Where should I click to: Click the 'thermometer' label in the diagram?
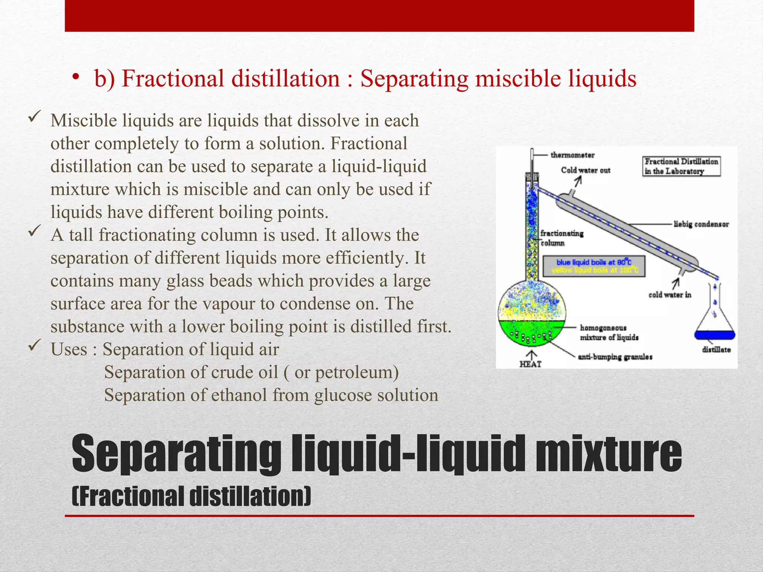573,155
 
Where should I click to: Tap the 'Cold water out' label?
586,170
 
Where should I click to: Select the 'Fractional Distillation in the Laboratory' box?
681,166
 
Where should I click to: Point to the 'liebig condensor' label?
701,224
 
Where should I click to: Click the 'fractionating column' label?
562,238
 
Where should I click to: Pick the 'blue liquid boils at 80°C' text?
594,262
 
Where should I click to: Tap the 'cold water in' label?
670,295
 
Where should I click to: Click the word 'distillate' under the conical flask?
716,350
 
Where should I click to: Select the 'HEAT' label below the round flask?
531,364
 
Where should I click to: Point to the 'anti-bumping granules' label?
615,357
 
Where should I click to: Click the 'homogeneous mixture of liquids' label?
609,333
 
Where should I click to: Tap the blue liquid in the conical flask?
715,335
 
